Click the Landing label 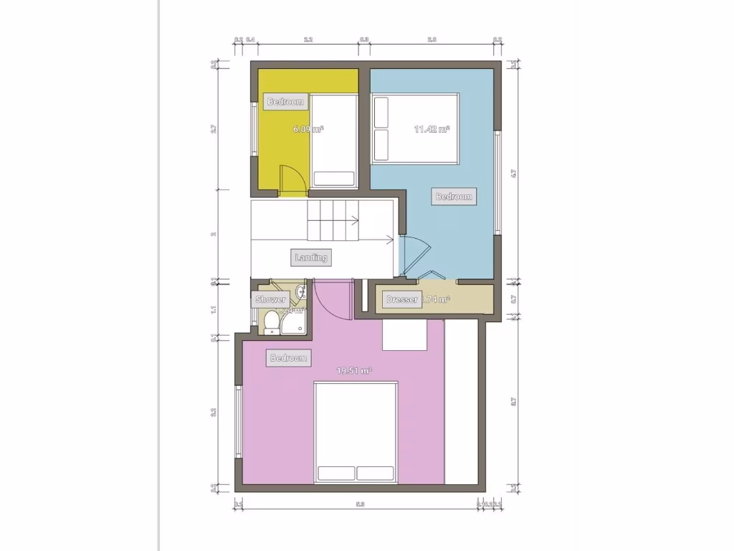pos(311,257)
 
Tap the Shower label pos(271,299)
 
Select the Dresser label pos(401,300)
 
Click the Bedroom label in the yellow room pos(285,102)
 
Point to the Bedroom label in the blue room pos(454,197)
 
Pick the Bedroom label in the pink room pos(288,357)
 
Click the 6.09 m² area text pos(308,129)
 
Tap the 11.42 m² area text pos(432,129)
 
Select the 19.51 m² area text pos(354,371)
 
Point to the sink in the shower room pos(302,291)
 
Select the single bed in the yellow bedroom pos(335,142)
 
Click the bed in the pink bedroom pos(356,433)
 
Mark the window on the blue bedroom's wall pos(497,182)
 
